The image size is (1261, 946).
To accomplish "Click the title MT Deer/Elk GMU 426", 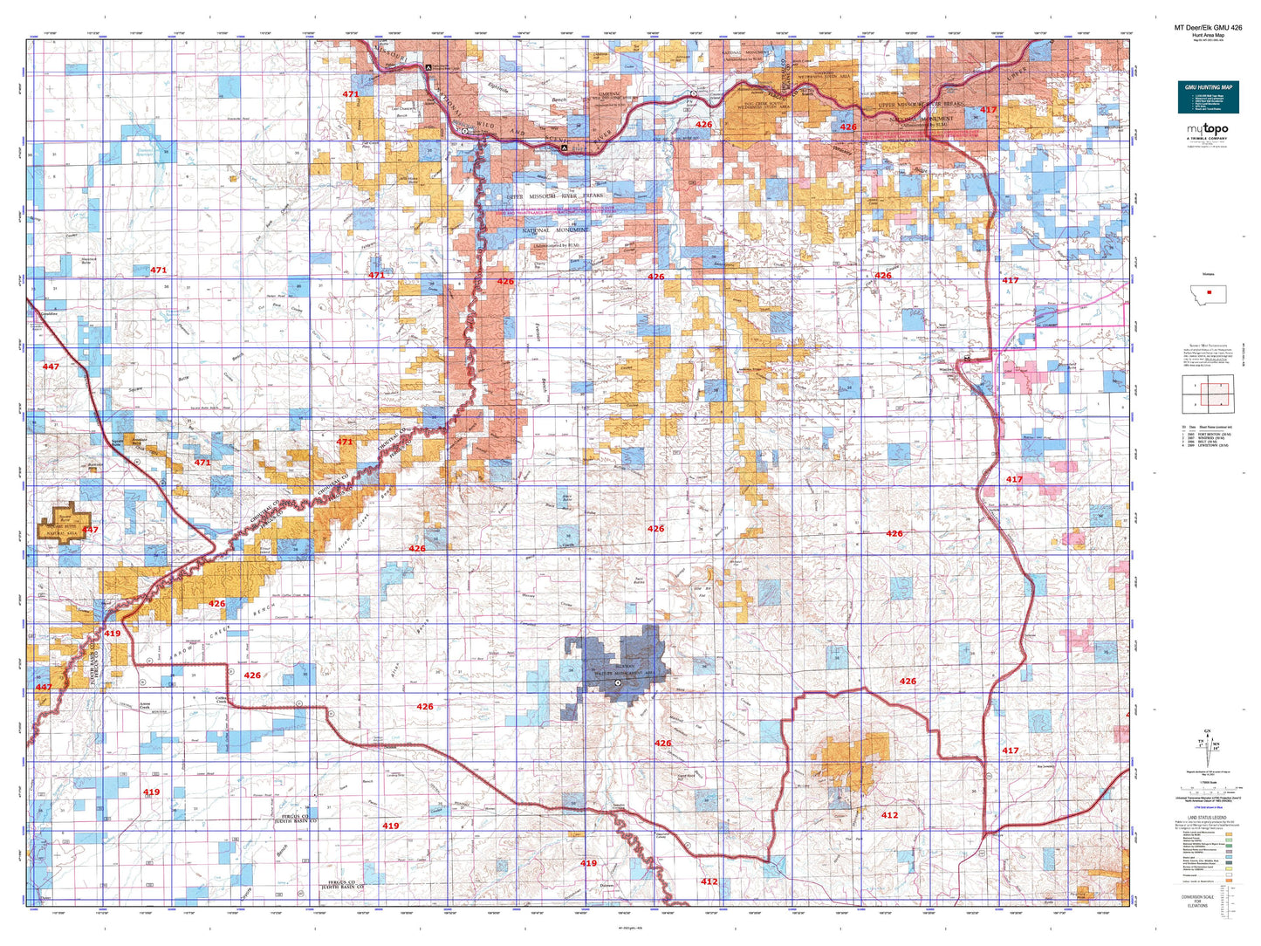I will pos(1208,28).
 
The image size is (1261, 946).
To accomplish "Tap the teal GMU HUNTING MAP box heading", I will pos(1209,87).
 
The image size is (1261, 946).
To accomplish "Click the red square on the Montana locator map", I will pos(1209,292).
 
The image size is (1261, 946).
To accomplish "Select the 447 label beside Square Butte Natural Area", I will pos(90,530).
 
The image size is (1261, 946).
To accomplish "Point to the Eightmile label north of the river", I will pos(497,86).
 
